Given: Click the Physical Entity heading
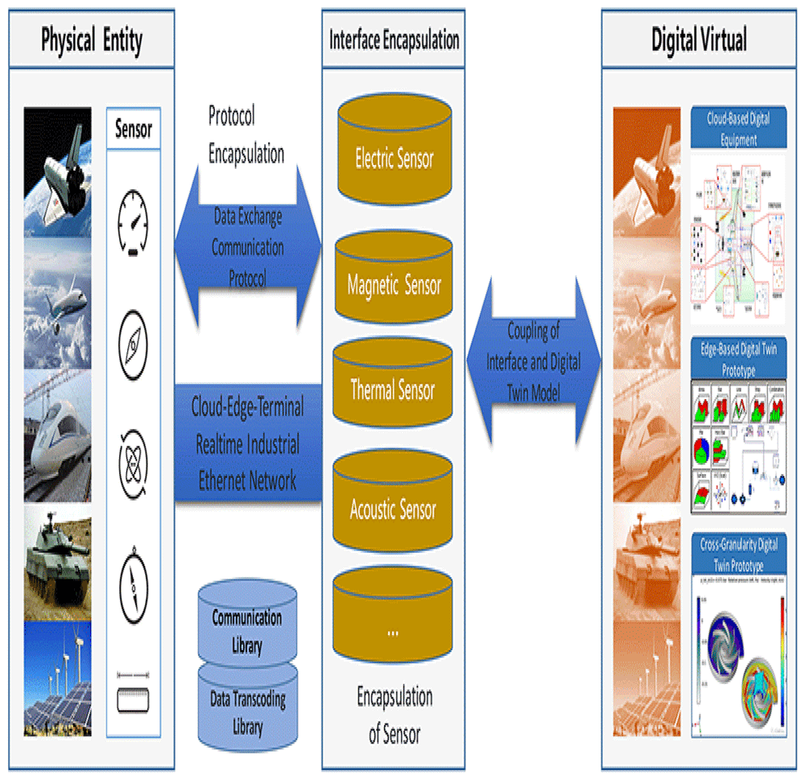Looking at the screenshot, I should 91,39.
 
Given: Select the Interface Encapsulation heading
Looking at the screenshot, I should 394,39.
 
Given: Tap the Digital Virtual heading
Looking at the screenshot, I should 699,39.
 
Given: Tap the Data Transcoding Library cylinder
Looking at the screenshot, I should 247,708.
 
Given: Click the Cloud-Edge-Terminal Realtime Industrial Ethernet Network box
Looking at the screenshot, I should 248,443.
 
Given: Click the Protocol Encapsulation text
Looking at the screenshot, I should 246,135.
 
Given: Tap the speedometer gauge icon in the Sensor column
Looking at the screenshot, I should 133,217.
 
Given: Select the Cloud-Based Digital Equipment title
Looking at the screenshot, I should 738,129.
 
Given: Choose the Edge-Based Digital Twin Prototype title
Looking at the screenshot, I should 738,359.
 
